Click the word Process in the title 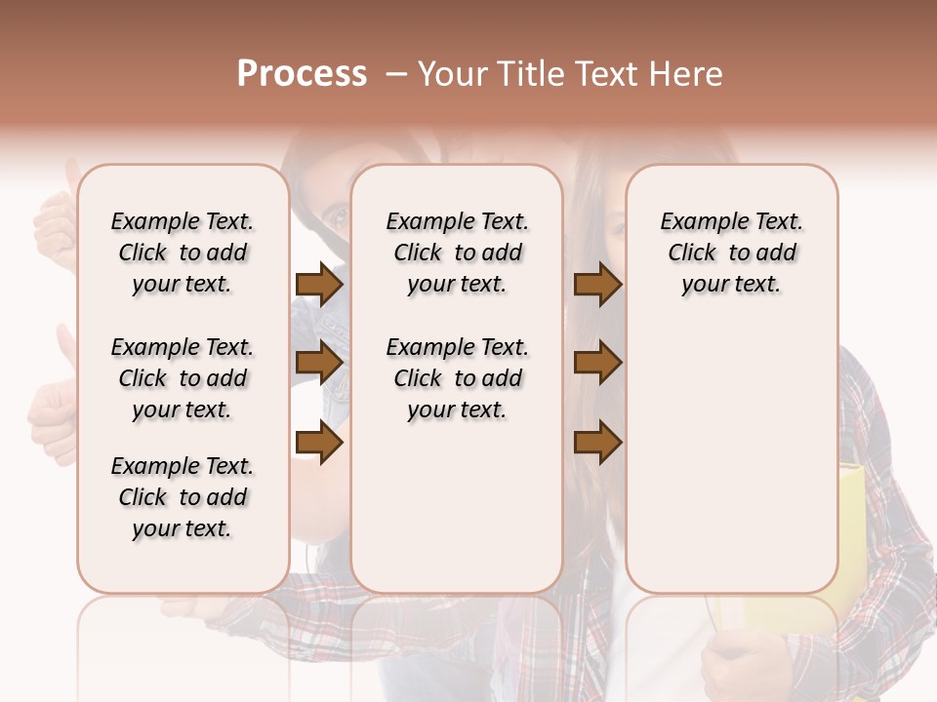(302, 74)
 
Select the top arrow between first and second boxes (319, 285)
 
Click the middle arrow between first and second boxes (319, 364)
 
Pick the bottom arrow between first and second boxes (319, 443)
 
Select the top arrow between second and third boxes (597, 285)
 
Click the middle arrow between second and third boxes (597, 364)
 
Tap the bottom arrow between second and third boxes (597, 443)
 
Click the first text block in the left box (183, 253)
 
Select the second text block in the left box (183, 378)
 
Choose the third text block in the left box (183, 497)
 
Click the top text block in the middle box (457, 253)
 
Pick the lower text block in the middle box (457, 378)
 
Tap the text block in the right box (731, 253)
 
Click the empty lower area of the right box (731, 468)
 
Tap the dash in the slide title (396, 74)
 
